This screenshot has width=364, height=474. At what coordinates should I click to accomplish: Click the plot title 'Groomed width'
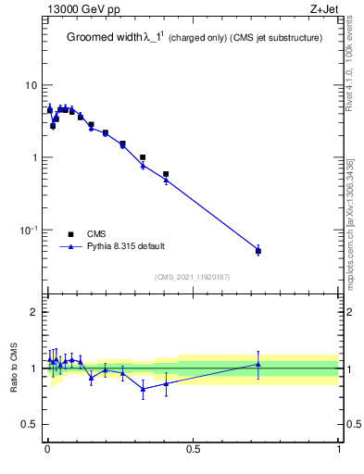[x=105, y=38]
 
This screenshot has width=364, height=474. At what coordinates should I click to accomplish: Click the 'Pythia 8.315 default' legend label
[x=126, y=246]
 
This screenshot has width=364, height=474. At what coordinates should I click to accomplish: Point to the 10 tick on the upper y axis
[x=32, y=85]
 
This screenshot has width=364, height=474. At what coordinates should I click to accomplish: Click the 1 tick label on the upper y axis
[x=35, y=157]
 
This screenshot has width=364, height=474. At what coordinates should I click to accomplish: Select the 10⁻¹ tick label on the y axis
[x=31, y=230]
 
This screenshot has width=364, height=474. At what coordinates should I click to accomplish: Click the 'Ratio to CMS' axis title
[x=13, y=368]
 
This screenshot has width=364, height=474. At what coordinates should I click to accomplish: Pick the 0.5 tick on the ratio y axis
[x=31, y=425]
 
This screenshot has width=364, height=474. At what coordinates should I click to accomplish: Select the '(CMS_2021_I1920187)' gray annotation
[x=193, y=277]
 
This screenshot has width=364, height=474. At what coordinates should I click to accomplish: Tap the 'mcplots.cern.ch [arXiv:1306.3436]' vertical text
[x=349, y=213]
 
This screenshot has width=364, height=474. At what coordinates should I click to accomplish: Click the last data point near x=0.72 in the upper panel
[x=258, y=251]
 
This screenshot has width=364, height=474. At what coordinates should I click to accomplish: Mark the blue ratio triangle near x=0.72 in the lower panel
[x=258, y=364]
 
